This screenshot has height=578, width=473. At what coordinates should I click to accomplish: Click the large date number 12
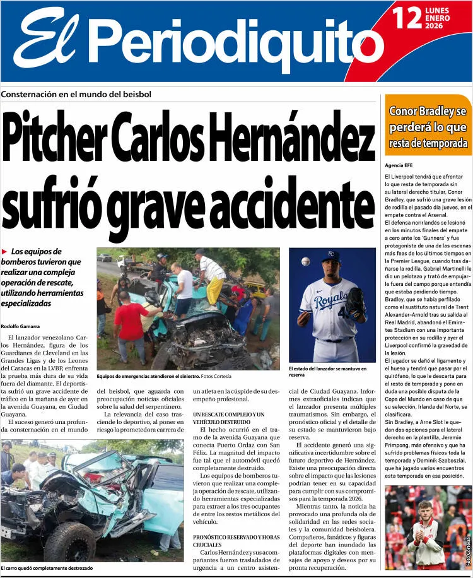click(x=407, y=18)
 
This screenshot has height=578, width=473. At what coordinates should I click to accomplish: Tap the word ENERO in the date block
click(x=438, y=18)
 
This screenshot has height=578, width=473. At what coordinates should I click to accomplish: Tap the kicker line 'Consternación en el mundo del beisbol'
click(x=76, y=94)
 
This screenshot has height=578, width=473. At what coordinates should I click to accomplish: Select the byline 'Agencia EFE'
click(x=399, y=165)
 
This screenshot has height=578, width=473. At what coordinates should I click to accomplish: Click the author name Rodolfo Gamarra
click(x=21, y=326)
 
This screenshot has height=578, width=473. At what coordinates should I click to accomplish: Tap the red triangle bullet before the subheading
click(x=5, y=252)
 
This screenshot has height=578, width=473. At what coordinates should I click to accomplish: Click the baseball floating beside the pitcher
click(x=306, y=261)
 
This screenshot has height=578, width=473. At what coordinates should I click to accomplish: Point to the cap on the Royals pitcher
click(x=330, y=257)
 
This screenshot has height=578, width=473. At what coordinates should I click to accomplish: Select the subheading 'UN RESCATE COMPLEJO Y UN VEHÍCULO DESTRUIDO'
click(x=228, y=418)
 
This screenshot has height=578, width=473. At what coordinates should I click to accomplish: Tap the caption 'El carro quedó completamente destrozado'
click(x=47, y=568)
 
